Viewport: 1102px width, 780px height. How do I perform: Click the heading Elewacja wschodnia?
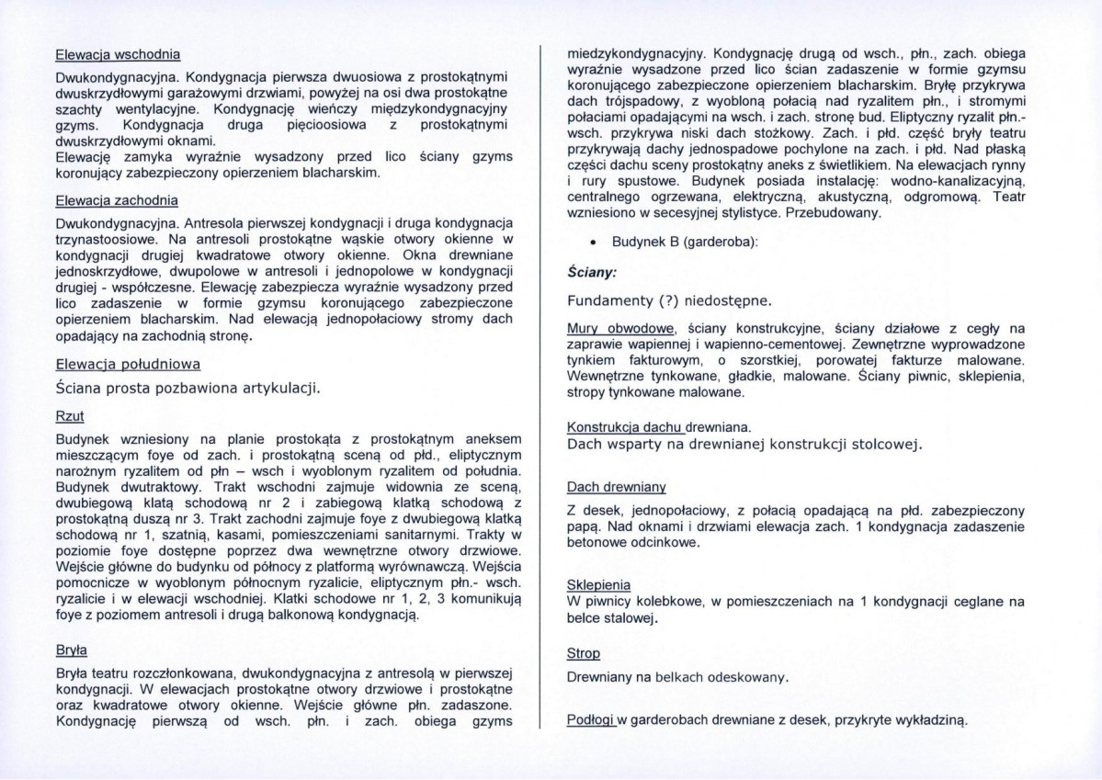(x=117, y=53)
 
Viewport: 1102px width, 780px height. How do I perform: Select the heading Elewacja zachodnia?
(x=117, y=199)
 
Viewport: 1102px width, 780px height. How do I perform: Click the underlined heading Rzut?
(x=70, y=416)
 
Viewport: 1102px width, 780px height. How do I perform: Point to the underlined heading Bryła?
(x=72, y=650)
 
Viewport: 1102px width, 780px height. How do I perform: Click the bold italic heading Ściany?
(x=591, y=273)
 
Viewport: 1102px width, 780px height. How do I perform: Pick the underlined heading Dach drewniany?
(x=615, y=487)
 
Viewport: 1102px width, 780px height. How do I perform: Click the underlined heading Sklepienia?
(x=598, y=584)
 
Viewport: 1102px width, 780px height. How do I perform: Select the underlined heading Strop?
(x=583, y=653)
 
